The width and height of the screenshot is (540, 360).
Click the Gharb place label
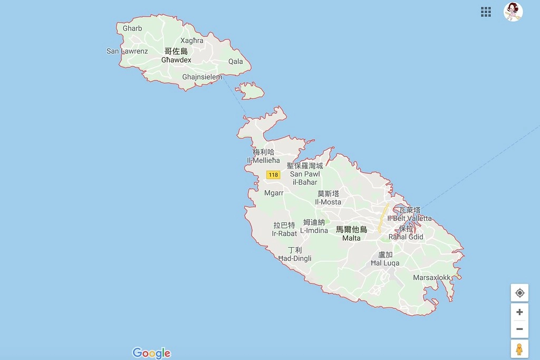coord(132,28)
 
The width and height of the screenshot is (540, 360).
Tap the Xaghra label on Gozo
coord(191,41)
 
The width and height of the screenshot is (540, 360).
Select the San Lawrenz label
coord(127,51)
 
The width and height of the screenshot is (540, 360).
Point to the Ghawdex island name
coord(176,60)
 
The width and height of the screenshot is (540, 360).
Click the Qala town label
coord(236,61)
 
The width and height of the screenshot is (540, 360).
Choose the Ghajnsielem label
coord(202,77)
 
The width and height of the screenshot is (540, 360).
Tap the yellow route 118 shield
coord(273,174)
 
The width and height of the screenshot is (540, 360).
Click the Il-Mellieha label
coord(263,160)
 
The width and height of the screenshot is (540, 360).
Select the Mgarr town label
coord(274,193)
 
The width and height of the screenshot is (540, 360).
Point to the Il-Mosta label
coord(328,202)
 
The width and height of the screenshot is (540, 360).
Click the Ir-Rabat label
coord(284,233)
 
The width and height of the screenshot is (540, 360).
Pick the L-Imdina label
coord(314,230)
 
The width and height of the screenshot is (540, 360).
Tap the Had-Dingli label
coord(295,258)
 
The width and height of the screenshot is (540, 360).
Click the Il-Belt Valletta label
coord(410,218)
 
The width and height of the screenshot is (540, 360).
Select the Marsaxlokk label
coord(432,277)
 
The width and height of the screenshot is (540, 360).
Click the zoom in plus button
coord(519,312)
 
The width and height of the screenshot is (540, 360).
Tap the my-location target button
coord(519,293)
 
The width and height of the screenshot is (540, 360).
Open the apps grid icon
coord(486,12)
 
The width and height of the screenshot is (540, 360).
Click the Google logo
coord(152,353)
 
